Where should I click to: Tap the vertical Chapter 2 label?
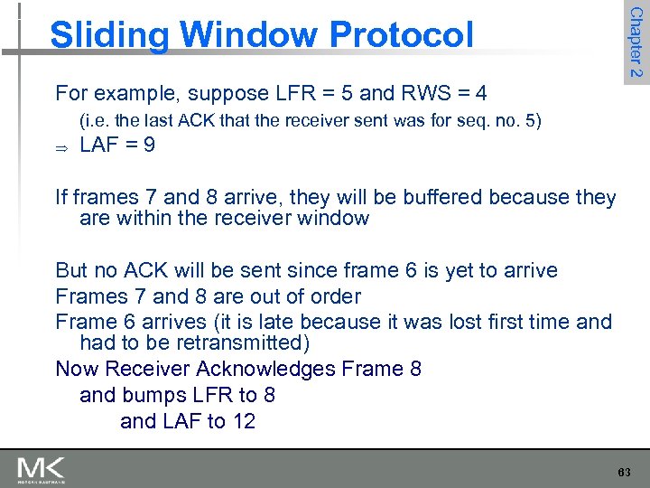tap(636, 42)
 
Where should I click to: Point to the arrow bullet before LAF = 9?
tap(61, 146)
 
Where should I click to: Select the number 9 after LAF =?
tap(149, 145)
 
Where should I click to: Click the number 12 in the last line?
tap(243, 421)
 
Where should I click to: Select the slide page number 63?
tap(624, 473)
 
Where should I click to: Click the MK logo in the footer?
tap(42, 470)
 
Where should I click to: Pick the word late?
tap(275, 322)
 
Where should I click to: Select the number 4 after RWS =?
tap(481, 93)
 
